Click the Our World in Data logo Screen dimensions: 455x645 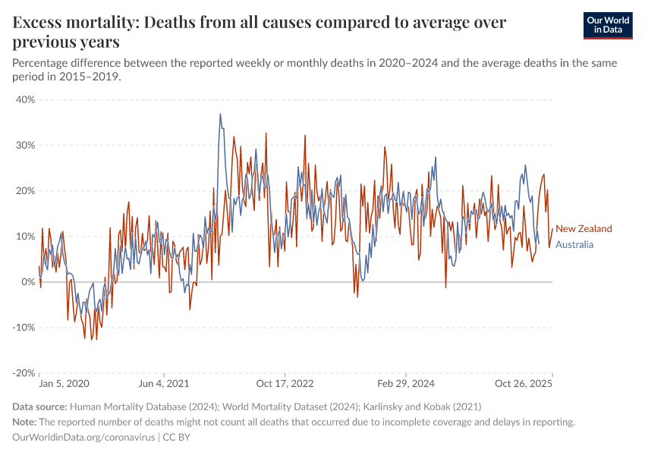click(607, 25)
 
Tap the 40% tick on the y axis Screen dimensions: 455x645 click(26, 99)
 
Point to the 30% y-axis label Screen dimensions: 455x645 click(26, 145)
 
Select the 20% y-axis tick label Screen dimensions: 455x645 click(26, 190)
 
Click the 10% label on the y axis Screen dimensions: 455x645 click(26, 237)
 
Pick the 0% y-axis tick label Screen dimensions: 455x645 click(29, 282)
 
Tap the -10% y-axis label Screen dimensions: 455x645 click(24, 328)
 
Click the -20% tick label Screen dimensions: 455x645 click(24, 373)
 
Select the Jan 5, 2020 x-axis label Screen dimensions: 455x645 click(64, 384)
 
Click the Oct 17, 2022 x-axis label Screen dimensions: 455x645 click(285, 384)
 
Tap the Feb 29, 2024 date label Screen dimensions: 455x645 click(406, 384)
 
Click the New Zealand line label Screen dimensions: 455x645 click(584, 228)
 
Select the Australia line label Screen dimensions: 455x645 click(574, 244)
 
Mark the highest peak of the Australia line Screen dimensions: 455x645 click(220, 115)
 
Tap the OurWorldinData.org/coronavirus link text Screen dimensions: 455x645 click(84, 438)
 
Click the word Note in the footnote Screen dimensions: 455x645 click(24, 422)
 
